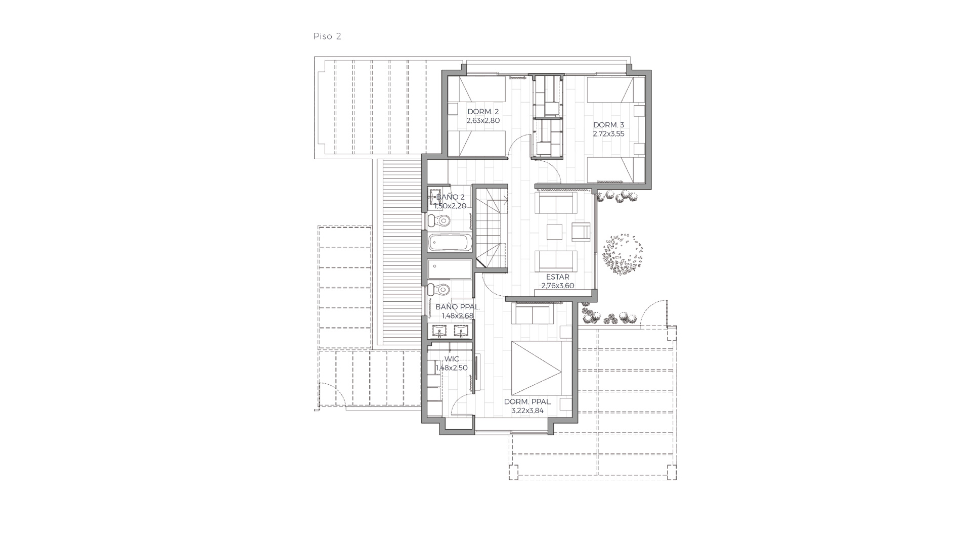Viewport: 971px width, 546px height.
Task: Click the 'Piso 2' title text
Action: [327, 36]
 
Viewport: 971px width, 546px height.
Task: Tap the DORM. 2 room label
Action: [483, 112]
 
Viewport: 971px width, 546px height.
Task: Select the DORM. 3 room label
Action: [609, 125]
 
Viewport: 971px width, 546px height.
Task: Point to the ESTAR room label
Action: [558, 277]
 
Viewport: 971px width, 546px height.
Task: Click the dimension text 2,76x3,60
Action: [558, 286]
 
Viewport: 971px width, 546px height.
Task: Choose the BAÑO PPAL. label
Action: [458, 307]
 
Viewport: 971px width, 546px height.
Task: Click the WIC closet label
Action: [452, 359]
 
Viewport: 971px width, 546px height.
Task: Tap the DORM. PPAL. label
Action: [527, 402]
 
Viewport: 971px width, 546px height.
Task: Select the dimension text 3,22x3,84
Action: [527, 411]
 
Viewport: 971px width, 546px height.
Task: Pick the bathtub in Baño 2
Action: [450, 243]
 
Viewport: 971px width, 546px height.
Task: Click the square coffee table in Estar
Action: [554, 232]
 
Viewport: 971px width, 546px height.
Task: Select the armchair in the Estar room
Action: [581, 232]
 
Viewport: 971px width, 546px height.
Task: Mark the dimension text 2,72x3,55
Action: [609, 134]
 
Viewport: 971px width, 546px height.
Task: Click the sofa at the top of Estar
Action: [556, 203]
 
